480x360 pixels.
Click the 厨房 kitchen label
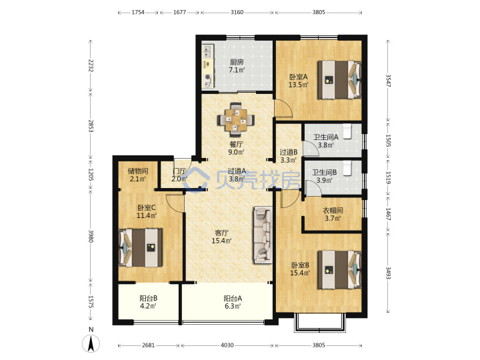click(x=237, y=62)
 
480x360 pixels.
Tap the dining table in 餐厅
click(x=236, y=120)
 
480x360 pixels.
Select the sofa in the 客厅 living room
click(x=263, y=235)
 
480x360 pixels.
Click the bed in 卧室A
click(x=339, y=79)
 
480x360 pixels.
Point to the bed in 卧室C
click(x=141, y=247)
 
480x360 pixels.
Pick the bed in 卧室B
click(x=339, y=269)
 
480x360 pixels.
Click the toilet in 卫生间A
click(x=347, y=131)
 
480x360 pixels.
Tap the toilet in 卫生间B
click(x=347, y=168)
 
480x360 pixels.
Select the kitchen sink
click(x=208, y=51)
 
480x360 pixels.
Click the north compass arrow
click(x=91, y=343)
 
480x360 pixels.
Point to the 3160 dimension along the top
click(x=237, y=12)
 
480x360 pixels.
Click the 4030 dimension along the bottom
click(x=227, y=345)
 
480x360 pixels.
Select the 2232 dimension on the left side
click(x=91, y=65)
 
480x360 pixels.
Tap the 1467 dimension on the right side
click(x=388, y=214)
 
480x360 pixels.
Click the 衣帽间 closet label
click(x=333, y=210)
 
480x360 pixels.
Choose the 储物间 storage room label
click(x=138, y=171)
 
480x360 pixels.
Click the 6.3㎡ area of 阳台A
click(x=233, y=306)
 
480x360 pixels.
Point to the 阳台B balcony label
click(x=149, y=298)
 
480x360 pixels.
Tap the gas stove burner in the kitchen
click(x=208, y=77)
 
